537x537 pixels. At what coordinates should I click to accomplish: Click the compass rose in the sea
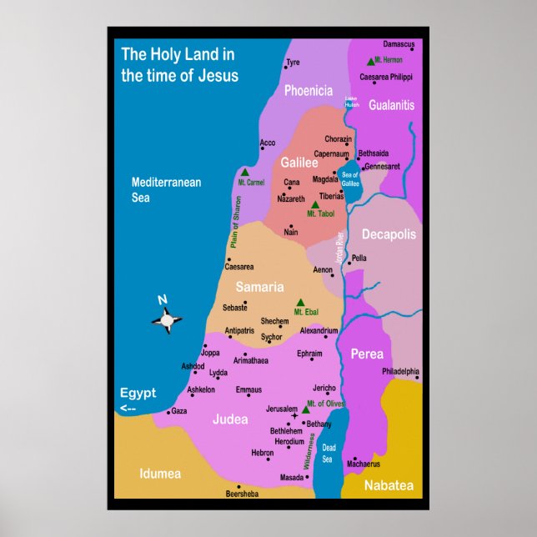coord(167,318)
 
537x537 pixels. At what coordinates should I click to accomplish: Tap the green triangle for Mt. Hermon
coord(370,62)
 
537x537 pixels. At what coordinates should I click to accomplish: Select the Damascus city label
coord(399,44)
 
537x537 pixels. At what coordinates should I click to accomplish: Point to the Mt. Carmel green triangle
coord(245,173)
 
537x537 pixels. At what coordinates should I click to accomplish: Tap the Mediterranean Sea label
coord(166,190)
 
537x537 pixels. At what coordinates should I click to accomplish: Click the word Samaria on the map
coord(259,287)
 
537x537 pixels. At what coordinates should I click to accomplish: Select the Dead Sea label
coord(328,454)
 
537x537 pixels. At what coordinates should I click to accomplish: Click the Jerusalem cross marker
coord(294,415)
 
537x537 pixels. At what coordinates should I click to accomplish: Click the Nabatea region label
coord(388,484)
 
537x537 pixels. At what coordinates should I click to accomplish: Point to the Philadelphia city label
coord(400,371)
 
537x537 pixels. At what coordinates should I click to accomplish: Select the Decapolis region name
coord(388,234)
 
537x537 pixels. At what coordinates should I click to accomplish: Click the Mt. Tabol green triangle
coord(314,204)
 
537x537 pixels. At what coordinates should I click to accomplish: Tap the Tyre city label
coord(293,63)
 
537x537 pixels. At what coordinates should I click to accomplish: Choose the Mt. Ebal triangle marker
coord(301,304)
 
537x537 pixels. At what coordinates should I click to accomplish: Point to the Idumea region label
coord(160,474)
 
